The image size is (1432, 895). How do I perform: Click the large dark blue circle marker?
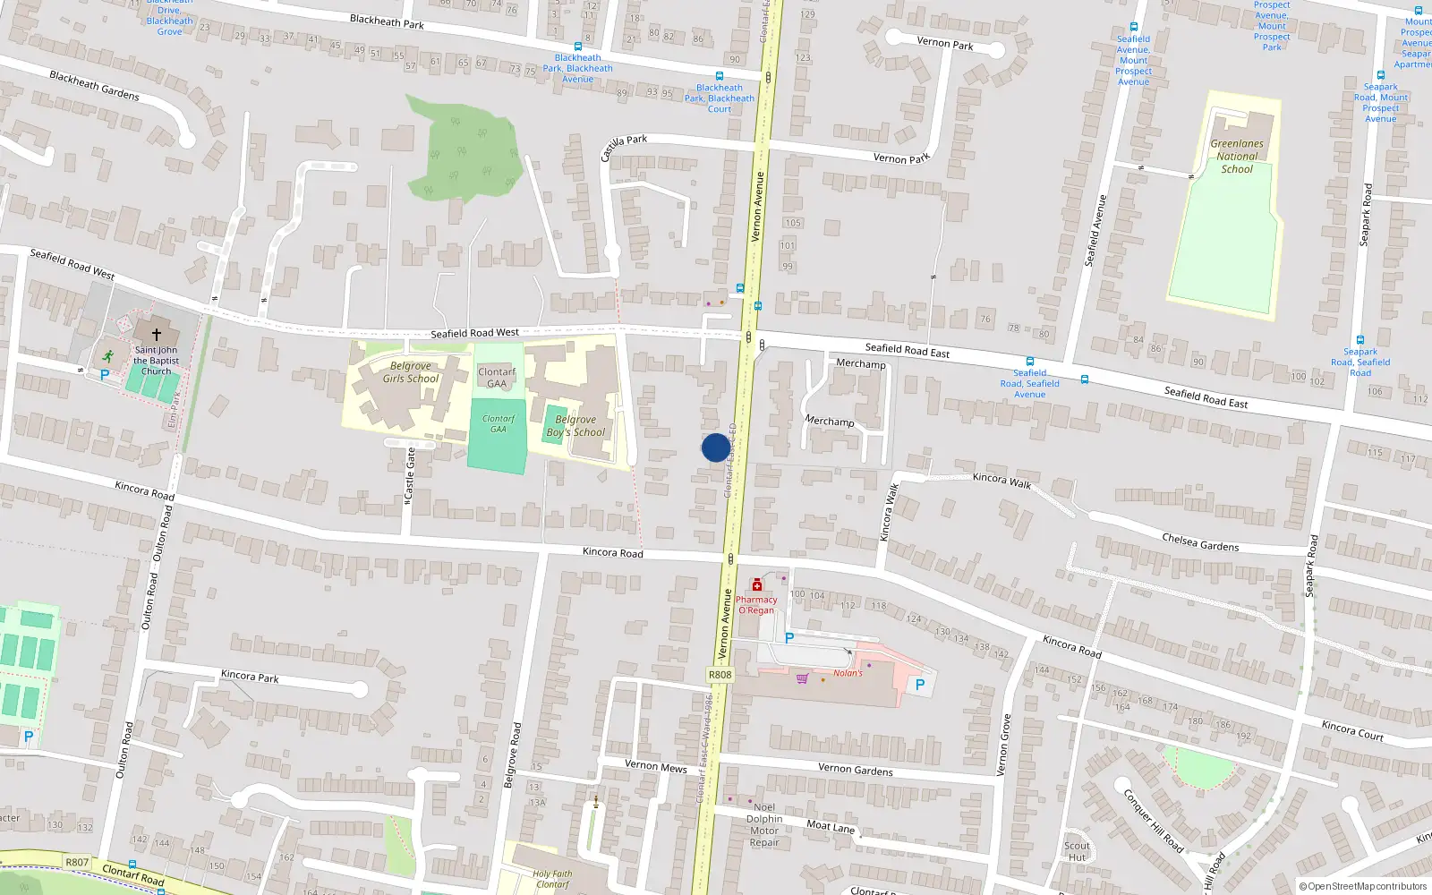coord(715,447)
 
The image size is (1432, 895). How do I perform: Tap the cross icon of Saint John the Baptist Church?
coord(157,335)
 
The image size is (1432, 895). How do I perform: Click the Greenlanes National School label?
coord(1237,156)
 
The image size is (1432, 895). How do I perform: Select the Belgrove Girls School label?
coord(411,372)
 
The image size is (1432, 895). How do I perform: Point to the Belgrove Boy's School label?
coord(575,426)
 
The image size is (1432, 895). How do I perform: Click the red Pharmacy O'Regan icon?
coord(757,584)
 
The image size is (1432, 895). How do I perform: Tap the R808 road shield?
coord(720,675)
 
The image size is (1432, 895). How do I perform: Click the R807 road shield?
coord(77,862)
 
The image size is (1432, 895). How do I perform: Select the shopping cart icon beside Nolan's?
coord(802,678)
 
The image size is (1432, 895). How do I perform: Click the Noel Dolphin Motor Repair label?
coord(764,824)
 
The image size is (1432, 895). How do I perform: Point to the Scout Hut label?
coord(1077,851)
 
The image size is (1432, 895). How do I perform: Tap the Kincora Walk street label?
coord(1002,481)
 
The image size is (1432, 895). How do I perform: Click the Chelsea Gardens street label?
coord(1200,542)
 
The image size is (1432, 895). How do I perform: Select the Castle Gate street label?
coord(410,473)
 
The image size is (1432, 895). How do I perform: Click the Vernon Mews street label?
coord(656,766)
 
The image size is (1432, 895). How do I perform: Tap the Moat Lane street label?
coord(831,827)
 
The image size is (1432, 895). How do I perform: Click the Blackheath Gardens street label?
coord(95,85)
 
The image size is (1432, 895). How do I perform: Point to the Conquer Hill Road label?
coord(1153,819)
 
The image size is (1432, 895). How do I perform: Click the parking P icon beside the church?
coord(104,375)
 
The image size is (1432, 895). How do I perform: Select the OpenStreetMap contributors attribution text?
coord(1363,887)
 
